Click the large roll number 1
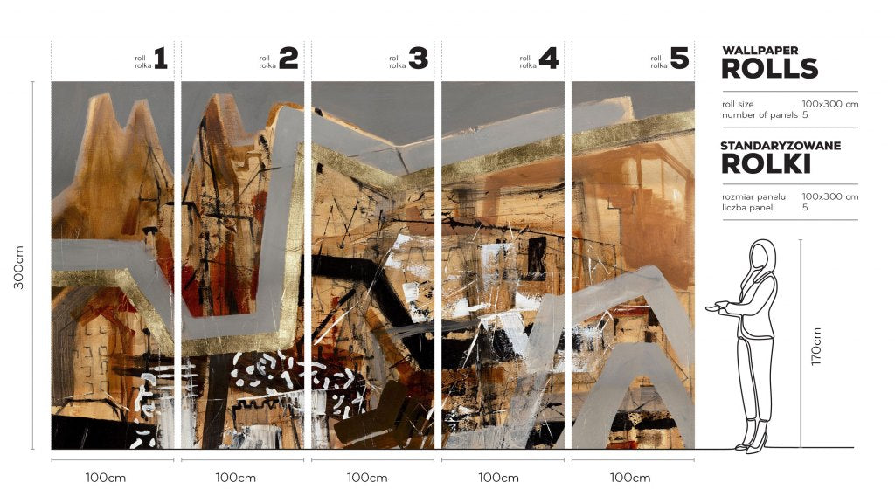(x=161, y=59)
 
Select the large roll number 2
(x=288, y=59)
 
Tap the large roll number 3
(x=419, y=59)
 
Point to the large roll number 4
(x=549, y=59)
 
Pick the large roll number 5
(x=679, y=59)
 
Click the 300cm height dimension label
(x=19, y=267)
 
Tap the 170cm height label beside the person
(x=816, y=347)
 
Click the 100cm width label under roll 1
(x=106, y=478)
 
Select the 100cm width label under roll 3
(x=367, y=478)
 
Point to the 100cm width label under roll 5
(x=630, y=478)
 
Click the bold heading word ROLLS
(x=769, y=68)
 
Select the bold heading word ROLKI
(x=766, y=163)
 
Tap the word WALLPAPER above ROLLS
(x=760, y=50)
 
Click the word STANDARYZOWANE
(x=781, y=146)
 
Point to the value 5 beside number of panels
(x=805, y=114)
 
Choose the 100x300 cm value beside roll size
(x=830, y=104)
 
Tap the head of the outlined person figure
(x=762, y=255)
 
